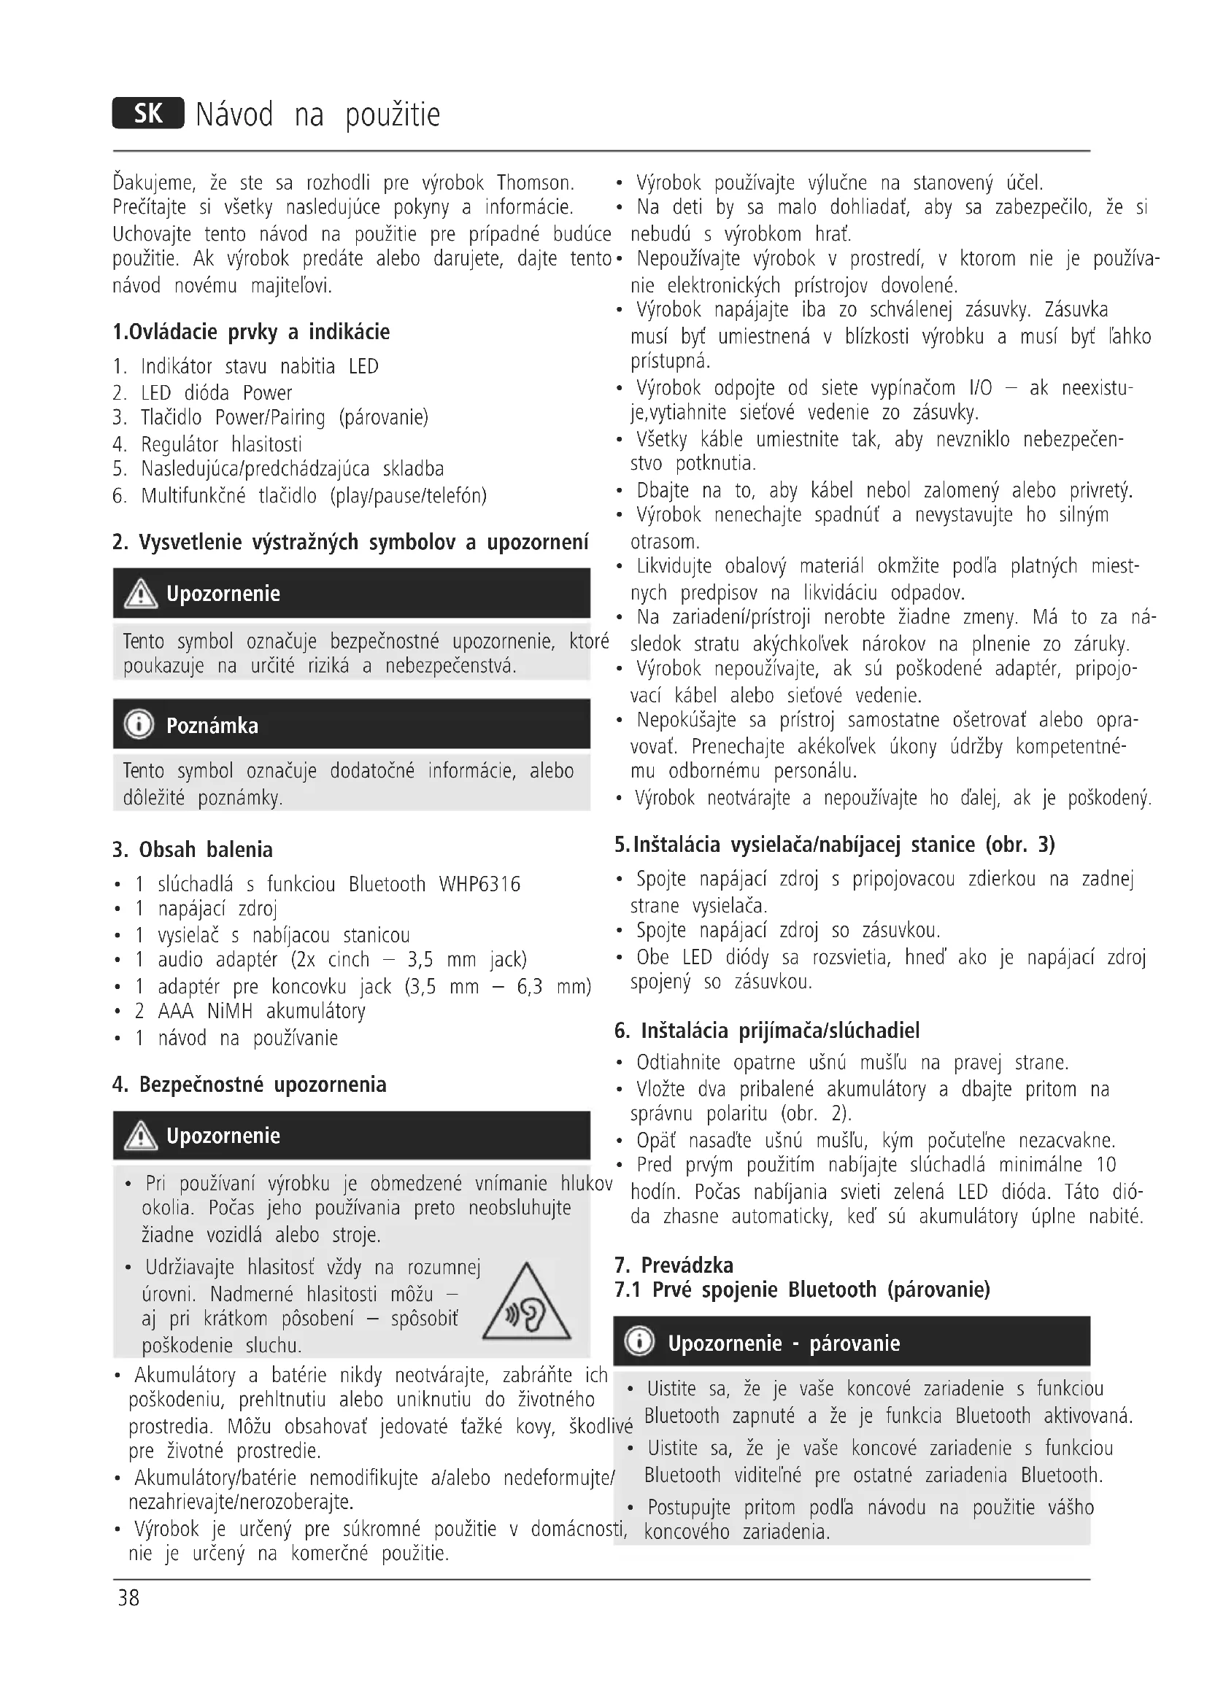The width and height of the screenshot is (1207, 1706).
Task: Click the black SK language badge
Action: click(x=148, y=114)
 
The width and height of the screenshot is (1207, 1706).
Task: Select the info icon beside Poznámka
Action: click(x=139, y=724)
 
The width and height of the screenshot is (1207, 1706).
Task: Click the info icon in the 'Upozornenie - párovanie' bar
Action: click(x=640, y=1342)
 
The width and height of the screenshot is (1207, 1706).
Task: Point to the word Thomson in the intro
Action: click(x=535, y=183)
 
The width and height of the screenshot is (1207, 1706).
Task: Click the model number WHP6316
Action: click(x=479, y=884)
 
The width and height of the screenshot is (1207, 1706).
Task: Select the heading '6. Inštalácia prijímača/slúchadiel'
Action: click(x=767, y=1031)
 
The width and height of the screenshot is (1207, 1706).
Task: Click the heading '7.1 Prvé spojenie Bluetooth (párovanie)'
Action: click(x=802, y=1289)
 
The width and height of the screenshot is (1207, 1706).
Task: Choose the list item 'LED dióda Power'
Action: click(x=216, y=392)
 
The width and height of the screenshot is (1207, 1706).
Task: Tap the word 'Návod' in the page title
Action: click(x=234, y=115)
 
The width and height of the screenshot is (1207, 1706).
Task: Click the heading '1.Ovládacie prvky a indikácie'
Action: click(x=251, y=331)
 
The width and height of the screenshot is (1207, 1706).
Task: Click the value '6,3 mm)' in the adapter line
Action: click(x=554, y=986)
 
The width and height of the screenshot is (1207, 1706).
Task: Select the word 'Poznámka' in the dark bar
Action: click(x=212, y=725)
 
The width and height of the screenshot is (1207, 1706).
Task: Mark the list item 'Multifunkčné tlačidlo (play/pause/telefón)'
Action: click(x=314, y=495)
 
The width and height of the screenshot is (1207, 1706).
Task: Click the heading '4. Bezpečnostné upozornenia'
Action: click(x=250, y=1085)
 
